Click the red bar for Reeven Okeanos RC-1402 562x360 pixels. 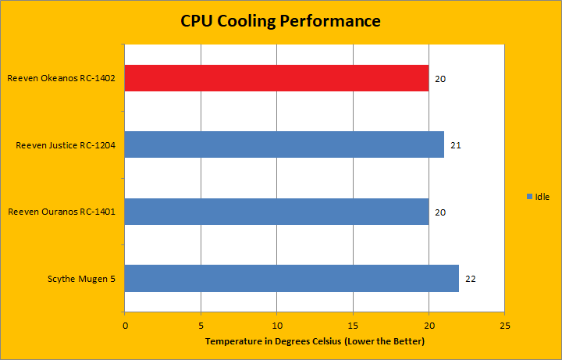[276, 78]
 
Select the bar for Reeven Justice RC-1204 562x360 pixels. [284, 144]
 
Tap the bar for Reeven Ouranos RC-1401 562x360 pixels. [276, 212]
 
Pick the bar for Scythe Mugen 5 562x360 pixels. [291, 278]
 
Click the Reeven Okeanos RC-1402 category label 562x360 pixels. [62, 78]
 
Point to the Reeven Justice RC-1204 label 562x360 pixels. [66, 145]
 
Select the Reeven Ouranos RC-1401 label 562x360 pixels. [63, 212]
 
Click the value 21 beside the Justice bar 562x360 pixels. [456, 145]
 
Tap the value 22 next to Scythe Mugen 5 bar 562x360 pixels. [471, 279]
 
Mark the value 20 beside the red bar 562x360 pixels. [440, 79]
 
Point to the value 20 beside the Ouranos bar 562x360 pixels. [440, 212]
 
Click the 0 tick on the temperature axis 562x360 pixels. [125, 324]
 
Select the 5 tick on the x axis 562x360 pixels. [201, 324]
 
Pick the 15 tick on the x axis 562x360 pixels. [353, 324]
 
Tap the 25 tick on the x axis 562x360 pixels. [505, 324]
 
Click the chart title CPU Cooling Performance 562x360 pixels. [280, 21]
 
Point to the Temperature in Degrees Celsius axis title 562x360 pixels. [314, 342]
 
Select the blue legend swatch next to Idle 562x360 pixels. [529, 196]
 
